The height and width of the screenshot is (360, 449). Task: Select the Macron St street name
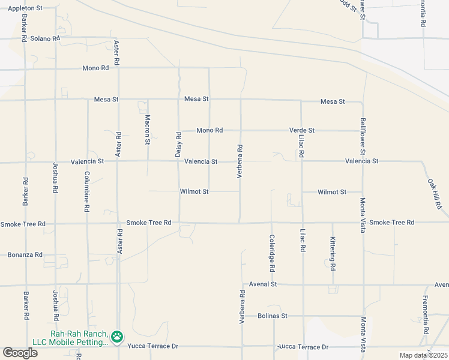point(148,130)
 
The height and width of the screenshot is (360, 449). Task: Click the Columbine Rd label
point(87,191)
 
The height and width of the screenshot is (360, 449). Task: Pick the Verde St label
point(302,130)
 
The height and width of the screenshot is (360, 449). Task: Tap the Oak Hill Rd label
point(435,193)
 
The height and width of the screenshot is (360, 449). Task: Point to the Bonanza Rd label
point(25,254)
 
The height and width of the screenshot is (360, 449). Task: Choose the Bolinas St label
point(273,316)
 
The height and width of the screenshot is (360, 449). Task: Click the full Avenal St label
point(262,284)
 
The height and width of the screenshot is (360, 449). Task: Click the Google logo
point(20,353)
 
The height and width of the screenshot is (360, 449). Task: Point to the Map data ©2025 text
point(423,355)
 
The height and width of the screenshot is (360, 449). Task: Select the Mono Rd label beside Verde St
point(209,130)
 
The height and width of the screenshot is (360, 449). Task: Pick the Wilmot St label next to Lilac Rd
point(332,192)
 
